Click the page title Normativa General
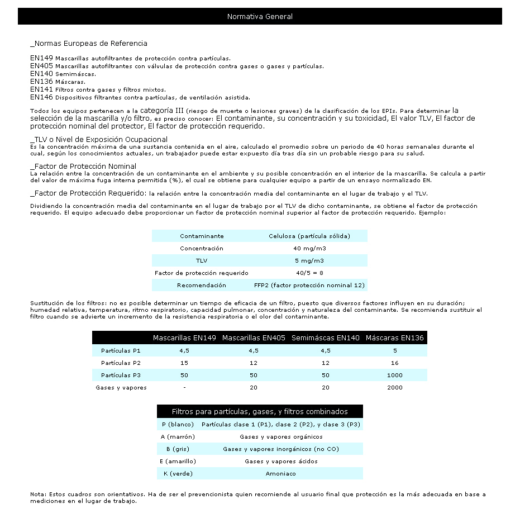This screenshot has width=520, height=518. click(260, 17)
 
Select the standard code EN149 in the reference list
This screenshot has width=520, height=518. click(41, 58)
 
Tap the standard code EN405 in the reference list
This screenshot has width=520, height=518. click(41, 65)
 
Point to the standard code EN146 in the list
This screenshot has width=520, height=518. click(41, 97)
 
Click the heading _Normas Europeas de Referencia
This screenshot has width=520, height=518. click(89, 43)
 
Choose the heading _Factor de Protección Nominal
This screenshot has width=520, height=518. click(83, 167)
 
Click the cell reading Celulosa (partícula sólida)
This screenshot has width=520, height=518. click(309, 236)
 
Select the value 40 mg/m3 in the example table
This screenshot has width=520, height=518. click(309, 249)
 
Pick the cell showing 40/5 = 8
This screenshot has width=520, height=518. click(309, 273)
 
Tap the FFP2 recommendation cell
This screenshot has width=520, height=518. click(309, 286)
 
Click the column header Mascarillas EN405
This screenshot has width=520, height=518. click(254, 338)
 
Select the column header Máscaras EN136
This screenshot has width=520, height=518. click(394, 338)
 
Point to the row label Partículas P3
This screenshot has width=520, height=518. click(121, 376)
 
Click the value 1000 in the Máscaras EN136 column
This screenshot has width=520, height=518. click(394, 376)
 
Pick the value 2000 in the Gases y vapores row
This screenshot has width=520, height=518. click(394, 388)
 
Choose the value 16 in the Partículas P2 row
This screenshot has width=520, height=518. click(394, 363)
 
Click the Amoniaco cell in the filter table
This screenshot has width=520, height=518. click(280, 474)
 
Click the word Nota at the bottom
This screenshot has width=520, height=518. click(37, 495)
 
